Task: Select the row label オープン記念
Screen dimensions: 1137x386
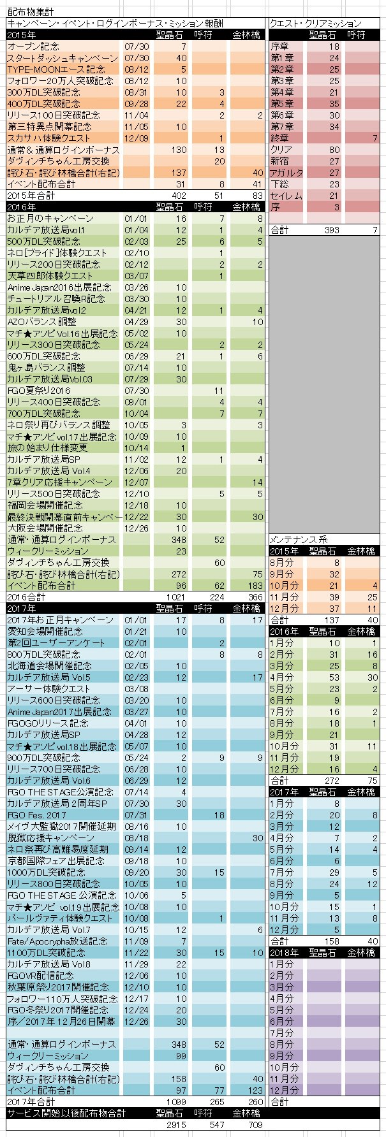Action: pos(32,47)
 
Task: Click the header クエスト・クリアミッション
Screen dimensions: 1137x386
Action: pos(315,24)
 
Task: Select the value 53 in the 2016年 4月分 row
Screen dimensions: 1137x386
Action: pos(334,677)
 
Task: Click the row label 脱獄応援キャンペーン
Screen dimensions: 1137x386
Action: pos(50,838)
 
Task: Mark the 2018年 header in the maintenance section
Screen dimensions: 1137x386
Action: pos(283,953)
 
